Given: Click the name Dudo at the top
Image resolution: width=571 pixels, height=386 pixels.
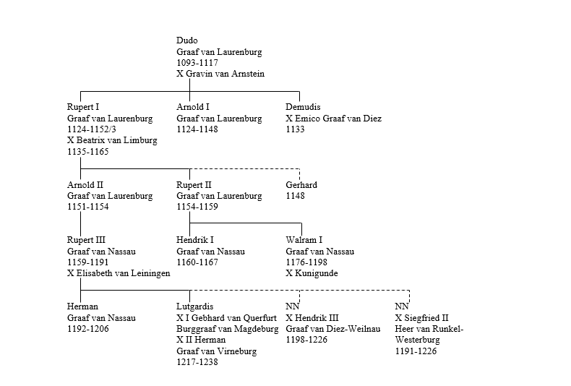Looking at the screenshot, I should tap(186, 41).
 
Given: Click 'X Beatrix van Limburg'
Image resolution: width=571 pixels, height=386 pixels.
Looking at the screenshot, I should tap(112, 141).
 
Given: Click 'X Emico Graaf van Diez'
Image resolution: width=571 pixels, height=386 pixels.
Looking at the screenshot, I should tap(333, 119).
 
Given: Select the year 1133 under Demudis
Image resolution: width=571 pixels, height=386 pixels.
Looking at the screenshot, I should tap(295, 129).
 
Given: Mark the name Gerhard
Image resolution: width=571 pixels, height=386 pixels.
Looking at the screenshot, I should tap(301, 185).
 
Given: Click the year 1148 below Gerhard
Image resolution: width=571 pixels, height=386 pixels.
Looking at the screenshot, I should tap(295, 196).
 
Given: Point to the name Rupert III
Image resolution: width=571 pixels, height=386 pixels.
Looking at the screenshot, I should tap(86, 240).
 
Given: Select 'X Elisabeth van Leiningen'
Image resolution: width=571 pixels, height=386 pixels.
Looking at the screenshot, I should tap(119, 273).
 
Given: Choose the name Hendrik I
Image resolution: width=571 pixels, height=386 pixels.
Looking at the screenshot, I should tap(195, 240).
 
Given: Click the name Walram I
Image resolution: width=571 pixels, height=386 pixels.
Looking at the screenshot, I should tap(304, 240).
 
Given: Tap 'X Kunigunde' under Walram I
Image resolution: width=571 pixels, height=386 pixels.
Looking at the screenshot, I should tap(312, 273).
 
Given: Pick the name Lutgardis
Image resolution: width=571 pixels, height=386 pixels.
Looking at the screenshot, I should tap(195, 306).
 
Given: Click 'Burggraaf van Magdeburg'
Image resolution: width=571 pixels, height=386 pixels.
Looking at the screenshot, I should tap(228, 329).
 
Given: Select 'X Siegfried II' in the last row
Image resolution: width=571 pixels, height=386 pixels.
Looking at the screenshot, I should tap(422, 318).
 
